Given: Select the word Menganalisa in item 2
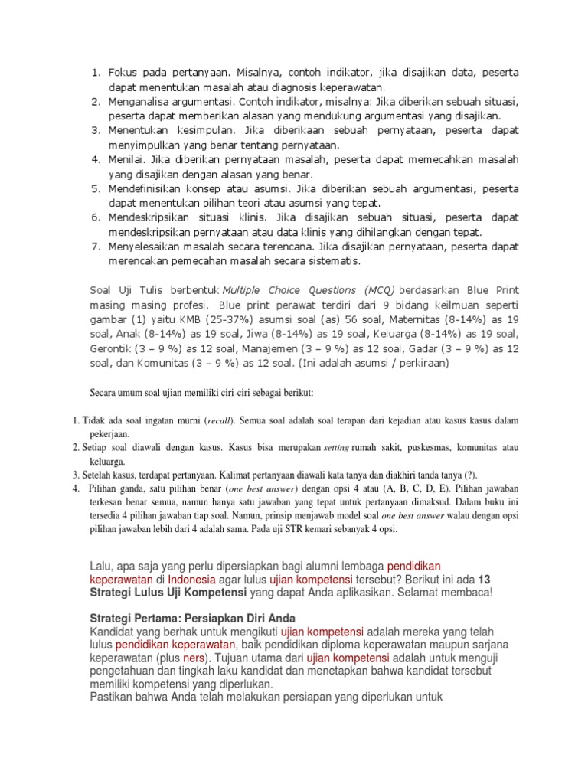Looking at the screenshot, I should click(x=142, y=102).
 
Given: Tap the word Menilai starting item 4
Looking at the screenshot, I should click(x=127, y=159).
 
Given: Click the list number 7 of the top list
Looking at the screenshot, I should click(x=96, y=246).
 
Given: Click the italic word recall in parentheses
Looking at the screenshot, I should click(x=219, y=420).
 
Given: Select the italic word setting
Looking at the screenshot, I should click(x=336, y=446).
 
